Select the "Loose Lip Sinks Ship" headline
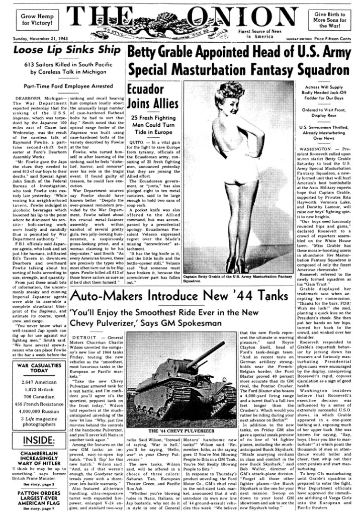tap(63, 50)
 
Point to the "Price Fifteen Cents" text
tap(333, 37)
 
